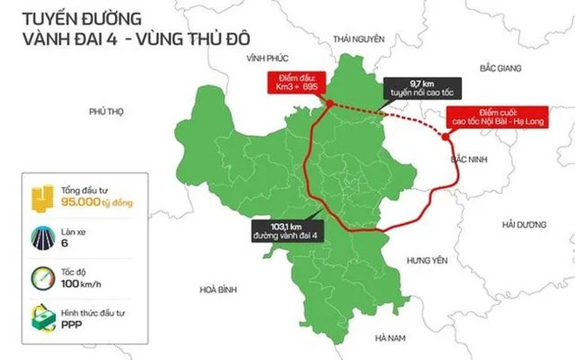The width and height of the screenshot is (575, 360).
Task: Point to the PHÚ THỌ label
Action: pos(107,112)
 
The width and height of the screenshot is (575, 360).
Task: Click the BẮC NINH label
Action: pos(469,160)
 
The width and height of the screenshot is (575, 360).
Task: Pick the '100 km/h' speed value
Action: pos(83,283)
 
